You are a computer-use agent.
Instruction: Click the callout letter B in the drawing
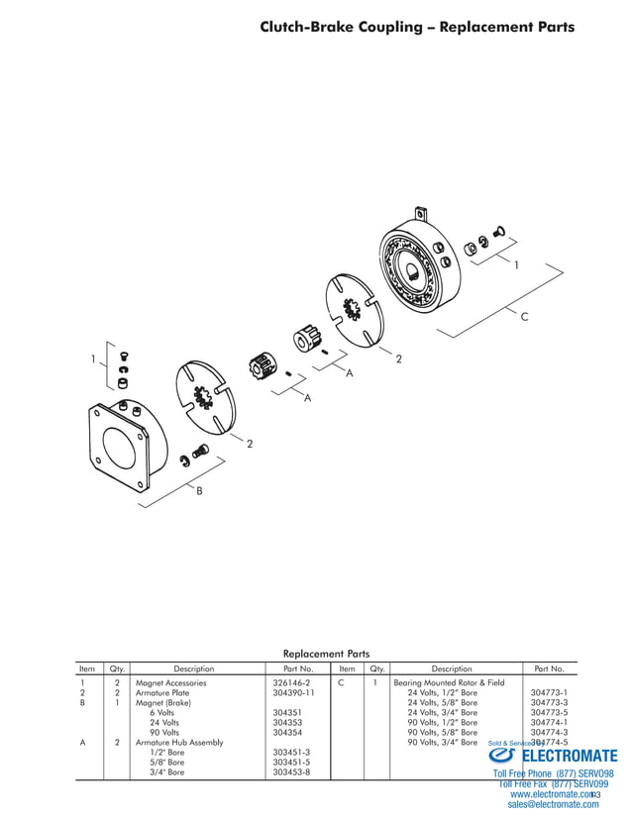pos(199,492)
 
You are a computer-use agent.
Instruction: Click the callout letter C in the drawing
pos(524,316)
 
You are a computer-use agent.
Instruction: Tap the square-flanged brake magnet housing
pos(125,436)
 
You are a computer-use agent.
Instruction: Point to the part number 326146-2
pos(291,683)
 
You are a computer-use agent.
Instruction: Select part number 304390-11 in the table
pos(293,693)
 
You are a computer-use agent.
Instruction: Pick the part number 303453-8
pos(291,771)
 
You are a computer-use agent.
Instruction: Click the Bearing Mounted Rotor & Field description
pos(449,683)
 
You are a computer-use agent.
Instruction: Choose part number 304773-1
pos(549,693)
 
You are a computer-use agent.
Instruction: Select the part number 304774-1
pos(549,722)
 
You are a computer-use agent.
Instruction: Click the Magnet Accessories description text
pos(171,683)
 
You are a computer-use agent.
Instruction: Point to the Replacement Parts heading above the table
pos(326,654)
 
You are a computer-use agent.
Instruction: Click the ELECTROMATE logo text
pos(569,756)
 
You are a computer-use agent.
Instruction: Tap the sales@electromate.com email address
pos(553,805)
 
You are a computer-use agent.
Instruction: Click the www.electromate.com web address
pos(553,794)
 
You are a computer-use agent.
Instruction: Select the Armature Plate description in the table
pos(162,693)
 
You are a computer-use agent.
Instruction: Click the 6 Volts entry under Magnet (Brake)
pos(162,712)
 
